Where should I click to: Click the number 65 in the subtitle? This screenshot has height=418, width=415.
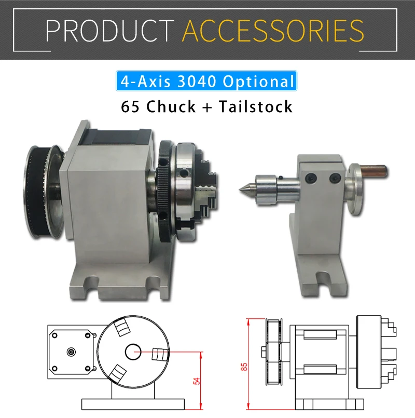[x=130, y=106]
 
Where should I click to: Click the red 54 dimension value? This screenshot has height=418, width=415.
[x=196, y=381]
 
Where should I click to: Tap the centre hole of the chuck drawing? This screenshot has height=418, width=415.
[x=133, y=352]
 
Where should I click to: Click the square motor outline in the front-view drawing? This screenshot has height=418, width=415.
[x=72, y=351]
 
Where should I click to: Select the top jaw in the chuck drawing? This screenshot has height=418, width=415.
[x=122, y=328]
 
